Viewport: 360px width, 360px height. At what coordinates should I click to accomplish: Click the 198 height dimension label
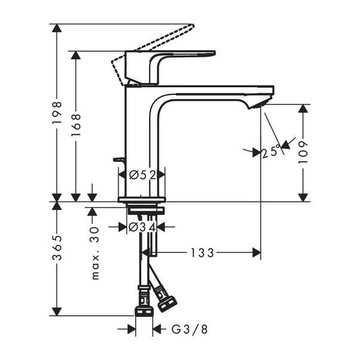pyautogui.click(x=57, y=112)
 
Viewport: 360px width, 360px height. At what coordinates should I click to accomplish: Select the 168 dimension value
pyautogui.click(x=76, y=125)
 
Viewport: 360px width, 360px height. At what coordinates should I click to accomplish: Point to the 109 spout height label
pyautogui.click(x=304, y=153)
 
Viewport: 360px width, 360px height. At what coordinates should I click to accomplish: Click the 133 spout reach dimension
pyautogui.click(x=202, y=253)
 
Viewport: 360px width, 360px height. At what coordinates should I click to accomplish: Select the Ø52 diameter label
pyautogui.click(x=142, y=174)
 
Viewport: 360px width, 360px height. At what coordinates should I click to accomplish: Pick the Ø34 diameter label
pyautogui.click(x=142, y=227)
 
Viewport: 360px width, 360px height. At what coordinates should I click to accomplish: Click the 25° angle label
pyautogui.click(x=270, y=152)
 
